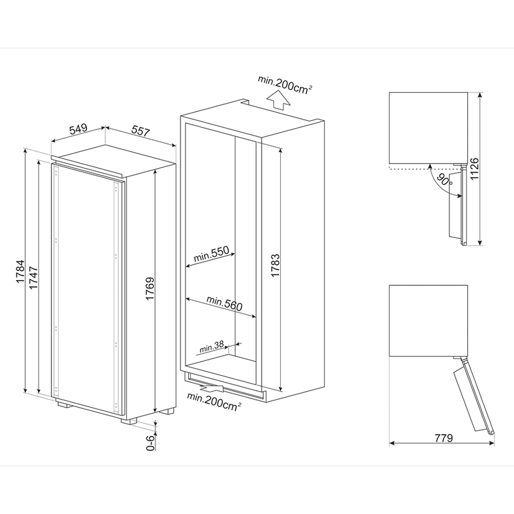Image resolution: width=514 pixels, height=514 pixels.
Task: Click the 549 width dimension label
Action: pos(78,129)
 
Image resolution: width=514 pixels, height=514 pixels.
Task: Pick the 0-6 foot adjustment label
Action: pos(150,443)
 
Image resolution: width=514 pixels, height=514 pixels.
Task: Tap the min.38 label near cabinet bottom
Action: pos(211,348)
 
